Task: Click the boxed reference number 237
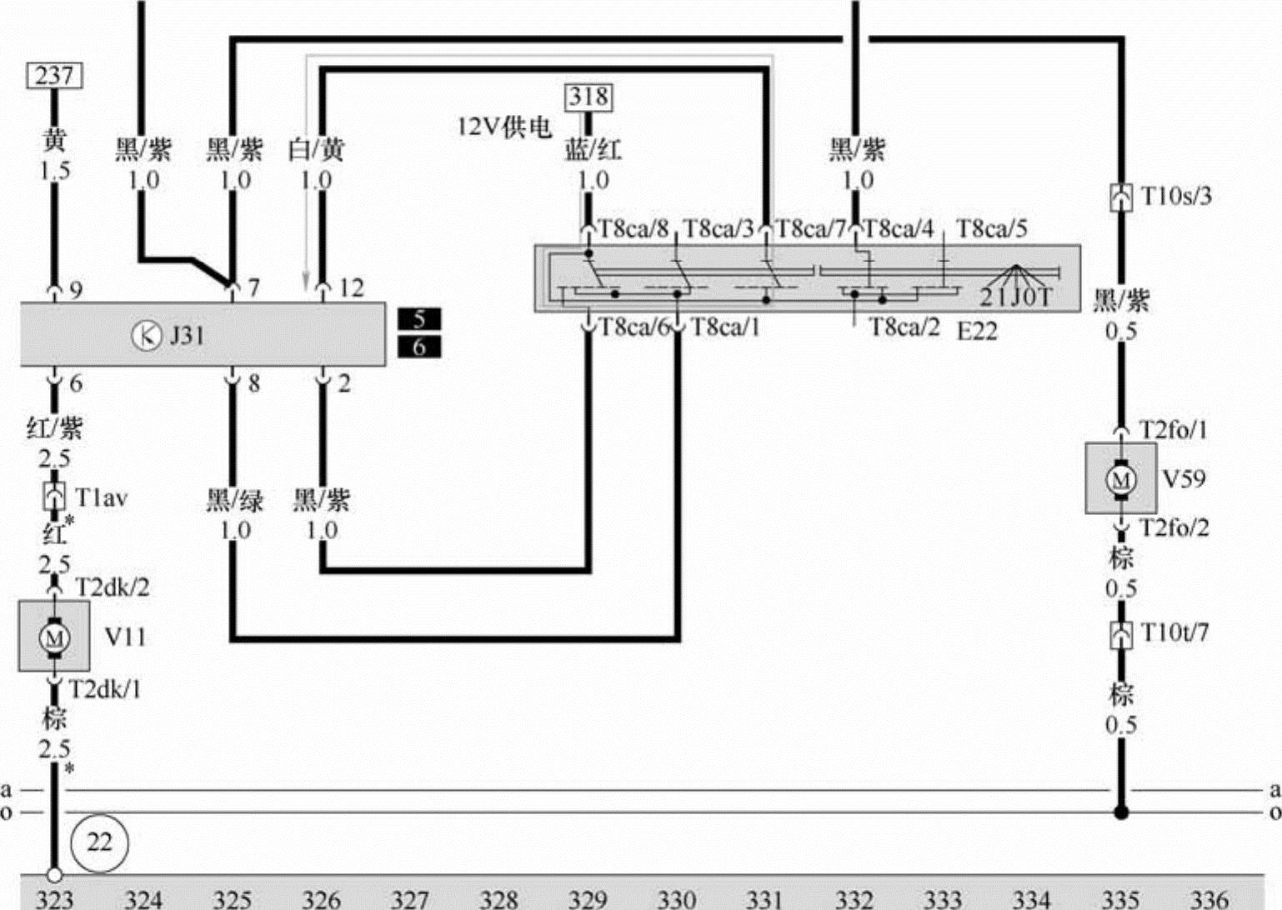pos(54,76)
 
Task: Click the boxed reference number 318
pos(589,97)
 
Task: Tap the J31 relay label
pos(187,335)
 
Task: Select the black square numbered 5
pos(419,319)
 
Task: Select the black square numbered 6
pos(419,347)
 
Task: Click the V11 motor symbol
pos(55,637)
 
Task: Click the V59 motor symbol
pos(1120,479)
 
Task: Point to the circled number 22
pos(99,842)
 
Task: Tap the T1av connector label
pos(101,497)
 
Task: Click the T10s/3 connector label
pos(1176,196)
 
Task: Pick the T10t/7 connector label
pos(1174,632)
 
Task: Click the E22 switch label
pos(976,331)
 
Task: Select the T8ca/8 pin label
pos(633,228)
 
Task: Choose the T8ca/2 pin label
pos(904,327)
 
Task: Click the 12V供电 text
pos(504,127)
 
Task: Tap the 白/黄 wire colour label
pos(316,150)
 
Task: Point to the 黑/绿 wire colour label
pos(235,500)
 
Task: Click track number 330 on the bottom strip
pos(676,898)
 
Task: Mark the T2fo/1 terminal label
pos(1173,430)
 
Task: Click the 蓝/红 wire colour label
pos(593,150)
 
